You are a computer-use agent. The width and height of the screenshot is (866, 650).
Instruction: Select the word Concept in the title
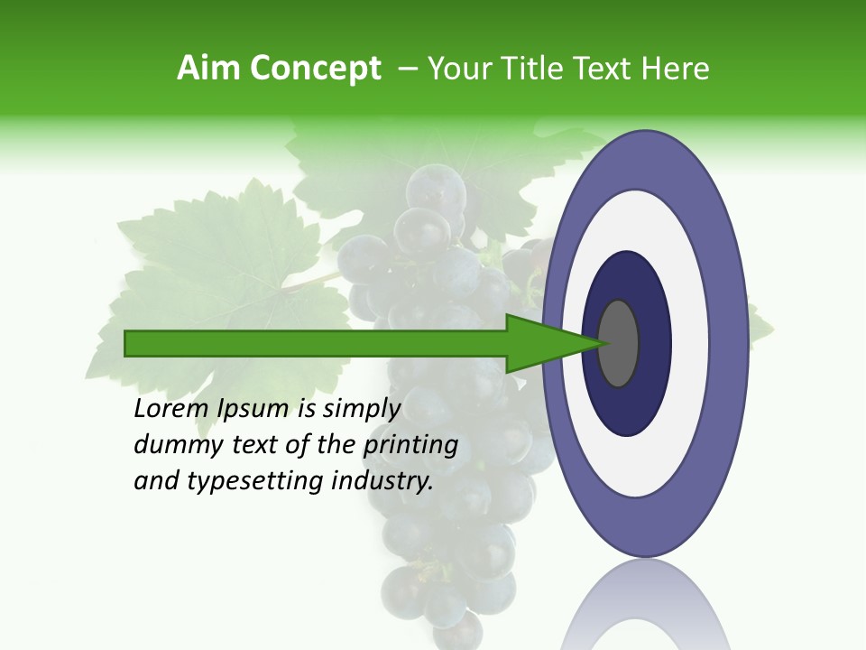tap(317, 70)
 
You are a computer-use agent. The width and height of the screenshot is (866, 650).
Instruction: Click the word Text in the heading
tap(606, 69)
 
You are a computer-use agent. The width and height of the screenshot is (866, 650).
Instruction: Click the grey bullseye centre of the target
tap(619, 343)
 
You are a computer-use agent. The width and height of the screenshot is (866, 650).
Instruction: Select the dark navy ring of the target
tap(653, 343)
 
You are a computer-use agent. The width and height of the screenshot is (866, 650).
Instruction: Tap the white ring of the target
tap(689, 343)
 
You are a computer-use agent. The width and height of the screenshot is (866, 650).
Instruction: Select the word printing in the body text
tap(410, 445)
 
